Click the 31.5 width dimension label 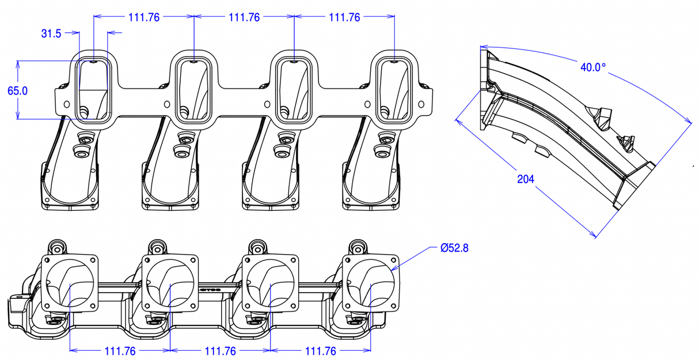[x=51, y=33]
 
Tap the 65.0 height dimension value [x=17, y=90]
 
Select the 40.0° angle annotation [x=592, y=67]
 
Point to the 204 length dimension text [x=525, y=179]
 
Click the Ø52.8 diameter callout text [x=454, y=248]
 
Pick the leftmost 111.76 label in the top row [x=144, y=17]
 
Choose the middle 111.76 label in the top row [x=244, y=17]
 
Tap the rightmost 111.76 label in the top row [x=344, y=17]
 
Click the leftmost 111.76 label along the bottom [x=120, y=351]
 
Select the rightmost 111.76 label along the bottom [x=320, y=351]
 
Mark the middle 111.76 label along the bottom [x=220, y=351]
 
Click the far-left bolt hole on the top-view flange [x=66, y=104]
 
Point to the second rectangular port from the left [x=193, y=90]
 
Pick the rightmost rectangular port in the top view [x=394, y=90]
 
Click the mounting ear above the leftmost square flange [x=56, y=247]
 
